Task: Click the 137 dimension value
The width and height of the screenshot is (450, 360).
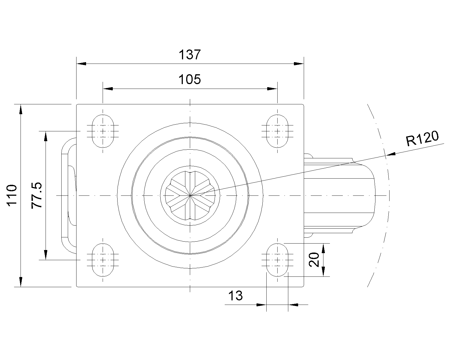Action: [x=190, y=55]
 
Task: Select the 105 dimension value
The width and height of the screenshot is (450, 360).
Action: [x=190, y=80]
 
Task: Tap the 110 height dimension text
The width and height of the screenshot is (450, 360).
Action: [x=12, y=195]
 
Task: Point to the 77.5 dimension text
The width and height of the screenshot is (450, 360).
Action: [x=37, y=195]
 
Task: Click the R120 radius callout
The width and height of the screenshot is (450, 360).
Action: [x=422, y=138]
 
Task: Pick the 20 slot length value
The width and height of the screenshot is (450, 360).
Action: [x=314, y=260]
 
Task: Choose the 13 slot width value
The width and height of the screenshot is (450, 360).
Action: [x=235, y=296]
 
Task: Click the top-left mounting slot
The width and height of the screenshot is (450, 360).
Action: [x=103, y=131]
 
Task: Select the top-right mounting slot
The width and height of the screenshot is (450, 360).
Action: [x=277, y=131]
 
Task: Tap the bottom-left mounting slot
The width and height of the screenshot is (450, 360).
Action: [x=103, y=260]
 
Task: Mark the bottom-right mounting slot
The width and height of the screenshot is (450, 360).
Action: [x=277, y=260]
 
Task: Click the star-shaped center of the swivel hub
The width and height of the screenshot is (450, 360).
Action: [x=190, y=195]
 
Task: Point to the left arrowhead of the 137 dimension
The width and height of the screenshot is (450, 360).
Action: [x=81, y=64]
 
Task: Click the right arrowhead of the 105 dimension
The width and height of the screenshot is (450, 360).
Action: [x=272, y=89]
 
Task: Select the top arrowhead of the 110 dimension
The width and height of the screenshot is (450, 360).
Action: [x=21, y=109]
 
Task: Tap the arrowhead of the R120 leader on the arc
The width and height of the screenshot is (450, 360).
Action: [x=391, y=154]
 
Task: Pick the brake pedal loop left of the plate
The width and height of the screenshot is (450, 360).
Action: [x=69, y=195]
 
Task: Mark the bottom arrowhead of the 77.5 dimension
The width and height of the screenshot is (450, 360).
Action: [x=46, y=255]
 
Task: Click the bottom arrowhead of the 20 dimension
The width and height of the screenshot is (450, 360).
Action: [x=323, y=271]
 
